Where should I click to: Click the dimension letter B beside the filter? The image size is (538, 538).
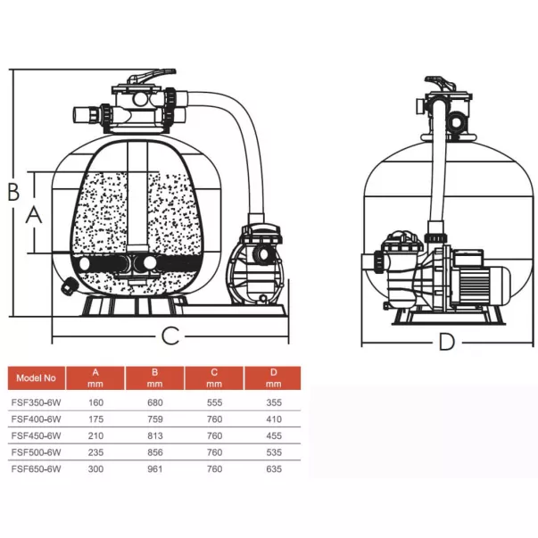click(x=13, y=192)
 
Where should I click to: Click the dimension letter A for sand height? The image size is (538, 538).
click(x=34, y=215)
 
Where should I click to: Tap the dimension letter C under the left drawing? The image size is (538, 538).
click(x=170, y=335)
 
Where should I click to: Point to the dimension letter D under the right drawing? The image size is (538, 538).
click(x=447, y=342)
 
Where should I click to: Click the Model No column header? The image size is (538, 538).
click(x=36, y=378)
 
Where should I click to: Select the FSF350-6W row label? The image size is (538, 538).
click(x=36, y=402)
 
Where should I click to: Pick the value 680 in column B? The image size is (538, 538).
click(x=155, y=402)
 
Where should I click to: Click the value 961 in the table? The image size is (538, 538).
click(x=155, y=468)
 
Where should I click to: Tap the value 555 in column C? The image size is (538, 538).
click(x=214, y=402)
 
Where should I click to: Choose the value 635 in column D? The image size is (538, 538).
click(x=274, y=468)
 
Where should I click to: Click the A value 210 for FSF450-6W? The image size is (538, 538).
click(x=95, y=435)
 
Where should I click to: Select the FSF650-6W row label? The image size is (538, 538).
click(x=36, y=468)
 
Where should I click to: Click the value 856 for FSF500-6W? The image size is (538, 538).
click(x=155, y=452)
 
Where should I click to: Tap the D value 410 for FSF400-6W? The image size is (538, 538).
click(x=274, y=419)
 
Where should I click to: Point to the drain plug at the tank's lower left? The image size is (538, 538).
click(x=68, y=286)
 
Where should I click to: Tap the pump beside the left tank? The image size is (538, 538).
click(x=256, y=264)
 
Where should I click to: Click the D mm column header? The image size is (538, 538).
click(x=273, y=378)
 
